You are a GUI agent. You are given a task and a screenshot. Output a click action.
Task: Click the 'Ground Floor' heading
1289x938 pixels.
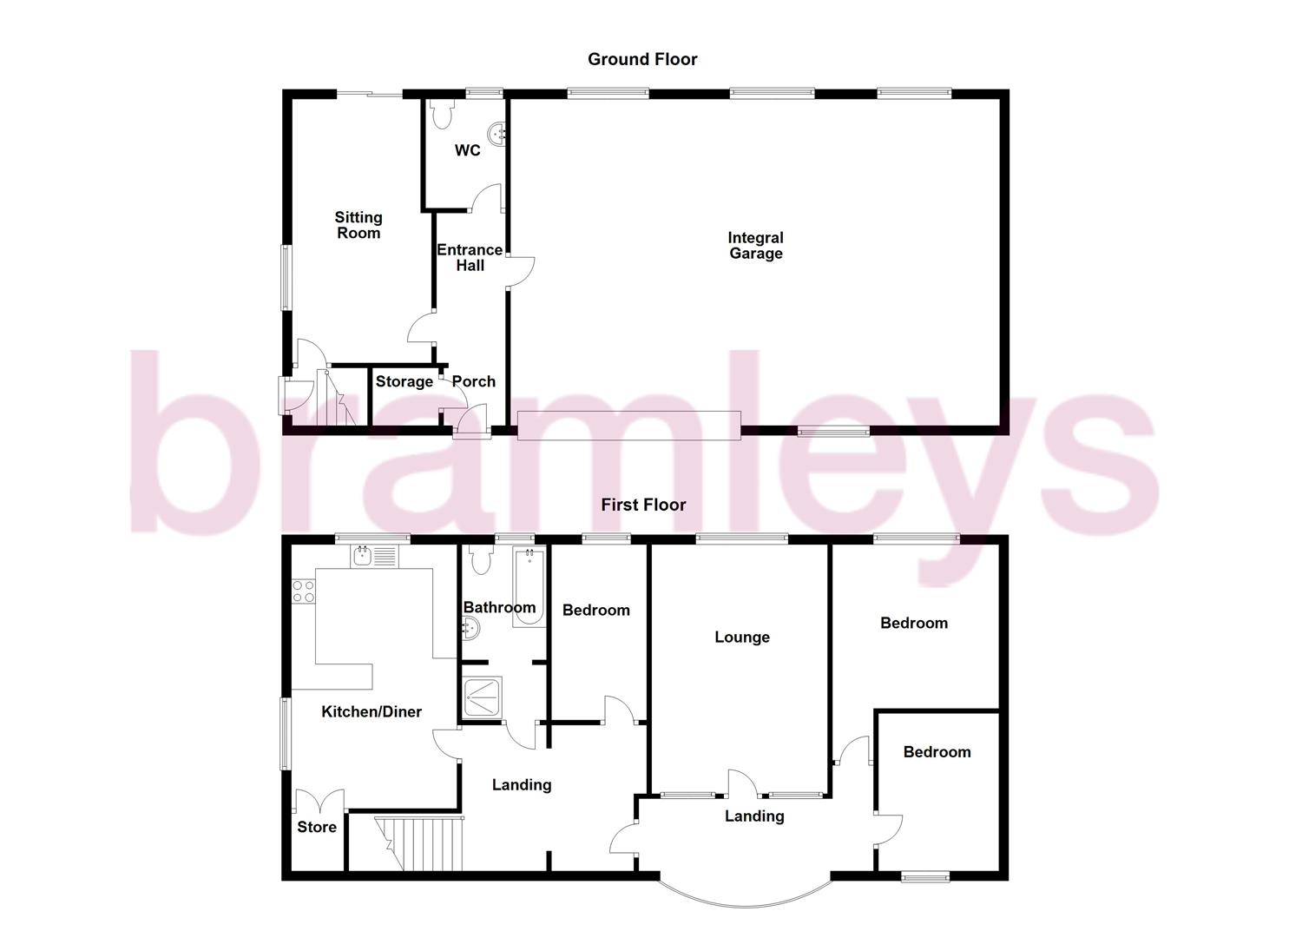tap(642, 59)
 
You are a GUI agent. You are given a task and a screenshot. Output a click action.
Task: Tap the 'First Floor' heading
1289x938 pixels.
tap(643, 505)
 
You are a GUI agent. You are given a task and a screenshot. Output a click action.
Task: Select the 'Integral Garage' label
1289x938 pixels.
tap(755, 246)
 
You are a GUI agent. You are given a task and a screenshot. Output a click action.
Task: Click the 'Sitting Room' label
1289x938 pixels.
tap(358, 225)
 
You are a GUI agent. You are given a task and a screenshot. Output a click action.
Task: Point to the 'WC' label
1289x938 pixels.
tap(467, 150)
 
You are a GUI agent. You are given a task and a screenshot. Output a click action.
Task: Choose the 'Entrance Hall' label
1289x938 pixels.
tap(470, 257)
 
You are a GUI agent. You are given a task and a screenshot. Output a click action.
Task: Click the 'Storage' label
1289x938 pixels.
tap(404, 381)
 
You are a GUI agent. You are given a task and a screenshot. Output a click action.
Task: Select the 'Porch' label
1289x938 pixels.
tap(473, 381)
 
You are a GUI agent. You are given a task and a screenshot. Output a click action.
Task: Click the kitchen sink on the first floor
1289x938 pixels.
tap(374, 555)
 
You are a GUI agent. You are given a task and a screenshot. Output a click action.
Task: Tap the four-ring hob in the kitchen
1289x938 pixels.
tap(303, 591)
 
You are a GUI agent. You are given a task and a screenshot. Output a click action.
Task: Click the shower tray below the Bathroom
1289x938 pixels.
tap(483, 697)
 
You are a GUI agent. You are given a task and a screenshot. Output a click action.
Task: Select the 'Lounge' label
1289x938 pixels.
tap(742, 637)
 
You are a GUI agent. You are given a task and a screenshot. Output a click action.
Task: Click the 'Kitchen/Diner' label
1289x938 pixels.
tap(372, 711)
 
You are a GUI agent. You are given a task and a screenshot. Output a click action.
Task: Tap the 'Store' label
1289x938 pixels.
tap(317, 827)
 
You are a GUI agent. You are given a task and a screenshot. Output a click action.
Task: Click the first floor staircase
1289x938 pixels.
tap(418, 842)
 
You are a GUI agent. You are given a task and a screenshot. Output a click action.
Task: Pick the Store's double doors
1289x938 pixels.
tap(320, 801)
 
